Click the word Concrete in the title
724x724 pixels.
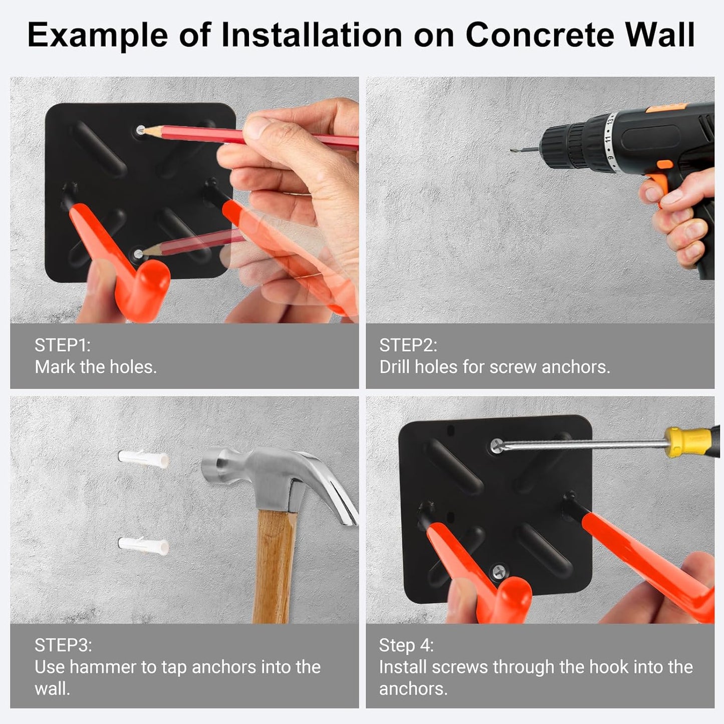[x=540, y=35]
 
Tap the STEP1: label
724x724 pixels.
[x=62, y=345]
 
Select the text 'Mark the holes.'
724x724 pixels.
[x=96, y=367]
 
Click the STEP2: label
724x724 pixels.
[x=408, y=345]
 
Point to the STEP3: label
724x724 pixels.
[x=63, y=645]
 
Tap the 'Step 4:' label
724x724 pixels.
[x=406, y=645]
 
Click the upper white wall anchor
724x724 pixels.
[x=143, y=458]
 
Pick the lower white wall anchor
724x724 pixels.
[x=143, y=545]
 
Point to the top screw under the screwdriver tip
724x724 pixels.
[x=496, y=444]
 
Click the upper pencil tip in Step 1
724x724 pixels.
[x=142, y=131]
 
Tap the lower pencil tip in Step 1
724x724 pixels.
[x=139, y=254]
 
